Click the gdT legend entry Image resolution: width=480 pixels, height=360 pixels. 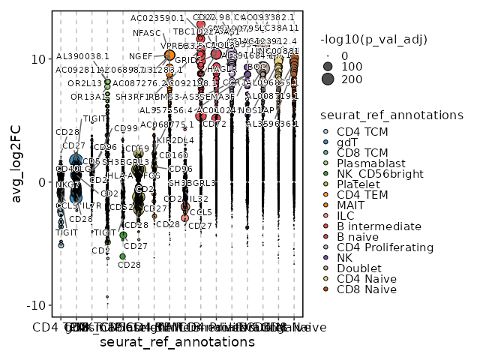coord(346,142)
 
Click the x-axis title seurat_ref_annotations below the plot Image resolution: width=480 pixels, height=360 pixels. coord(177,342)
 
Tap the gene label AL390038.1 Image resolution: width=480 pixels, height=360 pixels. coord(82,56)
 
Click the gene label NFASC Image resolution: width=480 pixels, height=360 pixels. coord(147,33)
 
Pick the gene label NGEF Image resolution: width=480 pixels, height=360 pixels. coord(140,56)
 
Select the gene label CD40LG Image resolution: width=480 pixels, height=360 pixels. coord(67,169)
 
